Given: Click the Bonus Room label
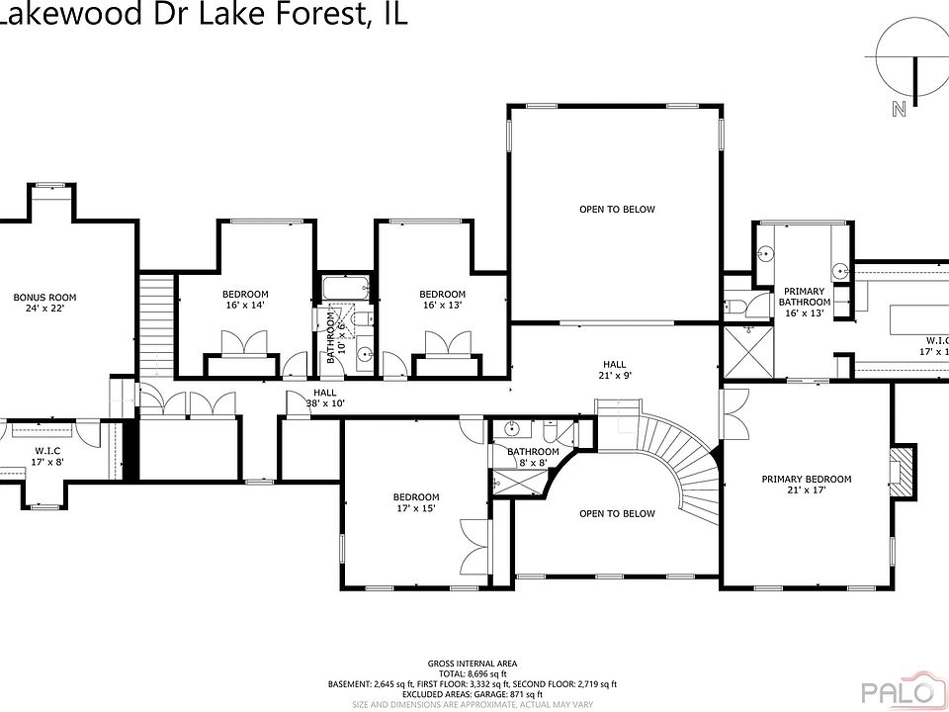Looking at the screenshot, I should pyautogui.click(x=44, y=303).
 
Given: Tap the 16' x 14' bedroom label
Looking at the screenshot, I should pyautogui.click(x=244, y=300).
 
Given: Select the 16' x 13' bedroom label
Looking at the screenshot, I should pyautogui.click(x=442, y=300).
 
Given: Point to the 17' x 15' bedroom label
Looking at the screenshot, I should pyautogui.click(x=415, y=502).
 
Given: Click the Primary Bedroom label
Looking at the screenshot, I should pyautogui.click(x=806, y=485).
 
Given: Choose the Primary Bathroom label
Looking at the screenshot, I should pyautogui.click(x=804, y=302).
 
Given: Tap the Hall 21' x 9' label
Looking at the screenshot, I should pyautogui.click(x=615, y=370).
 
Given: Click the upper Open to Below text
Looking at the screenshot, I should pyautogui.click(x=617, y=209).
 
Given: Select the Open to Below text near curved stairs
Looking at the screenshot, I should pyautogui.click(x=617, y=513).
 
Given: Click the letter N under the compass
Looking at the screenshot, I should pyautogui.click(x=899, y=110).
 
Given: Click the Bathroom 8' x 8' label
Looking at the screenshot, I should pyautogui.click(x=534, y=457).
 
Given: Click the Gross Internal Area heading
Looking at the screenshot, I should pyautogui.click(x=472, y=664).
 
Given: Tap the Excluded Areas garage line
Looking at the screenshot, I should pyautogui.click(x=472, y=693).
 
